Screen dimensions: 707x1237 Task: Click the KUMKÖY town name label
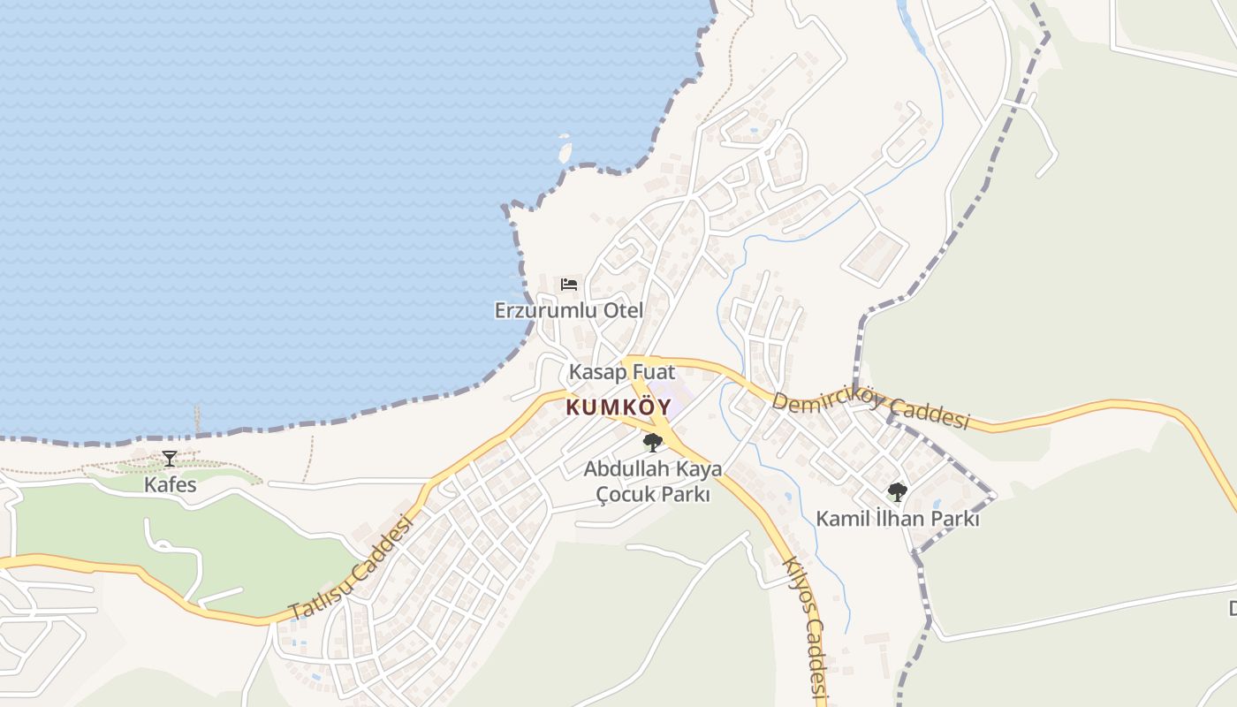(x=618, y=408)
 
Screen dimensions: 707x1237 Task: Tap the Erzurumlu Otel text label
(x=568, y=310)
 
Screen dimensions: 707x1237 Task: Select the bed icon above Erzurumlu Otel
(x=569, y=285)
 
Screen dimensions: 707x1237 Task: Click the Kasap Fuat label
(x=621, y=372)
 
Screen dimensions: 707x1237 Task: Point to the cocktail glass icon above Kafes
(x=169, y=459)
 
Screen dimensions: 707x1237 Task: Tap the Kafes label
(x=171, y=485)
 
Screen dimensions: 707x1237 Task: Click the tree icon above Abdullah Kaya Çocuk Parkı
(x=652, y=443)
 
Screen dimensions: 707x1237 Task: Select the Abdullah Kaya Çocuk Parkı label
(x=652, y=482)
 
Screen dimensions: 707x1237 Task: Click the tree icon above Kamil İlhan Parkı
(x=897, y=492)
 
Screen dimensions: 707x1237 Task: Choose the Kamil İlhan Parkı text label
(x=897, y=519)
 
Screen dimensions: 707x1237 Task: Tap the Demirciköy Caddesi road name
(x=870, y=409)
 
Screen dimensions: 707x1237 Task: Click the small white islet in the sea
(x=564, y=150)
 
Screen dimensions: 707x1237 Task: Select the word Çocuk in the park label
(x=619, y=495)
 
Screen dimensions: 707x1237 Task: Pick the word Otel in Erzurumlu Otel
(x=623, y=310)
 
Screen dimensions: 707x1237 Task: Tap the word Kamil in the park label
(x=839, y=519)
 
